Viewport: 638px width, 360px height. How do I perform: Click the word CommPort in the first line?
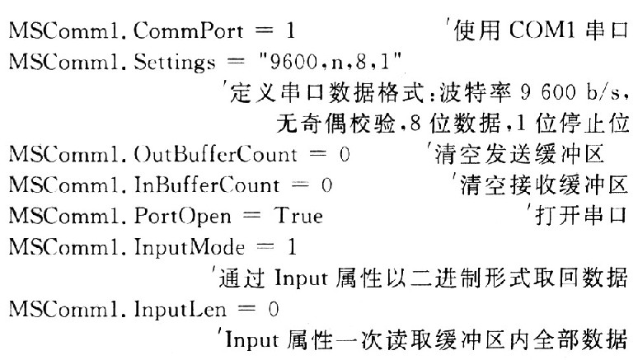189,31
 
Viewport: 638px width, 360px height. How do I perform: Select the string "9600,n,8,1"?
330,62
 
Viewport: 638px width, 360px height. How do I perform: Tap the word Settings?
175,63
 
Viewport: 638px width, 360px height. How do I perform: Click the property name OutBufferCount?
215,155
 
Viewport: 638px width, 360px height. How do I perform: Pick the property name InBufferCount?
207,185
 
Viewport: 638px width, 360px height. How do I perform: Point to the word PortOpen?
182,217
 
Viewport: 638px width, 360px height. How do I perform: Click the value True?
298,216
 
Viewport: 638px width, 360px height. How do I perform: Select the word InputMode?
190,248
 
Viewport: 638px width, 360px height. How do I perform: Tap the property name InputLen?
180,310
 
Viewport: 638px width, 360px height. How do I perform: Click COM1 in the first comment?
542,30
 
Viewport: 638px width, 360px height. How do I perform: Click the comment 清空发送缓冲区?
519,155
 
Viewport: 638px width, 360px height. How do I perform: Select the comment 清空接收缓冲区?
544,185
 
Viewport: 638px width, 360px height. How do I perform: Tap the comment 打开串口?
580,216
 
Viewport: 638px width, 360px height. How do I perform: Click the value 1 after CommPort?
290,31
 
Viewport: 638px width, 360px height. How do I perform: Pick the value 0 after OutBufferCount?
345,155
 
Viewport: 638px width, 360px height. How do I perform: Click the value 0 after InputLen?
274,310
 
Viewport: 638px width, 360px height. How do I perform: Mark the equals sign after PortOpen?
252,216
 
